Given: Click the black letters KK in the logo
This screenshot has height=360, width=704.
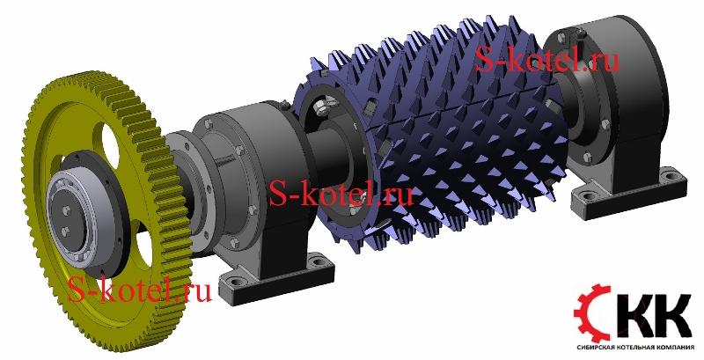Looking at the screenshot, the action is coord(653,315).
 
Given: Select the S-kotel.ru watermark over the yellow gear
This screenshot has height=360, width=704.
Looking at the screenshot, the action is coord(139,289).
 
